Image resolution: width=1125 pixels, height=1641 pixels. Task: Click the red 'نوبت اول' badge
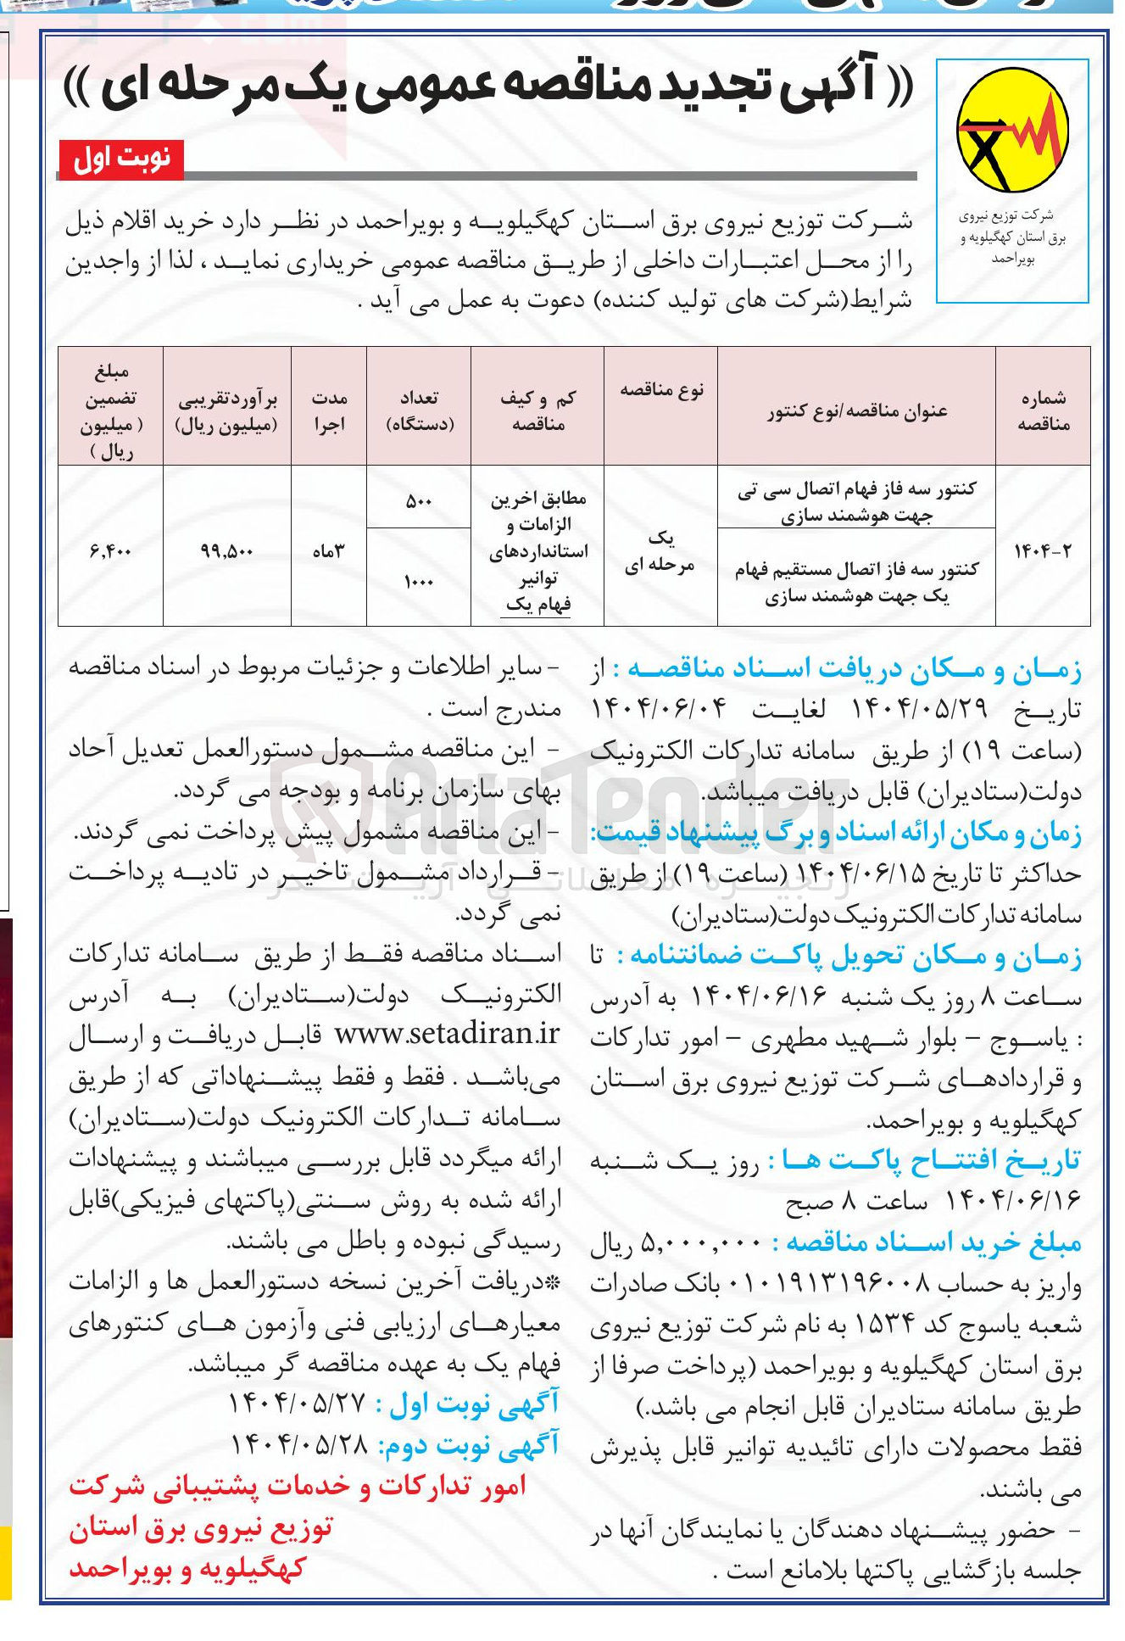121,159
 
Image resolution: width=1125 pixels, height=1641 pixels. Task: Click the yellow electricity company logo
1011,131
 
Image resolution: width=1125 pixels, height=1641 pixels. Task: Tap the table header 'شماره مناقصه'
1042,410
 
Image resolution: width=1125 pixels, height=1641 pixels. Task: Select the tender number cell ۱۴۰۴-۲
1042,550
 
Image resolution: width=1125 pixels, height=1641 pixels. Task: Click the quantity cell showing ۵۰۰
419,500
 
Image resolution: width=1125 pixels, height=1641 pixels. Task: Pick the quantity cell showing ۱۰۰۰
419,581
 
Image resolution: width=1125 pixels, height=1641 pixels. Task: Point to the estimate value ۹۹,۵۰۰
226,550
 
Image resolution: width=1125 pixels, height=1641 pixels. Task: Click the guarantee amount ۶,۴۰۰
110,550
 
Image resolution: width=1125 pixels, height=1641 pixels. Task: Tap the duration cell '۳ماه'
329,550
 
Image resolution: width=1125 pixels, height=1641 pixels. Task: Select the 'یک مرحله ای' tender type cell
660,550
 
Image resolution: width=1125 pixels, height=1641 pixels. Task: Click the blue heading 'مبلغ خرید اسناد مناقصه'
933,1242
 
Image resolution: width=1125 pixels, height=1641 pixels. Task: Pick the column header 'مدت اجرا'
329,410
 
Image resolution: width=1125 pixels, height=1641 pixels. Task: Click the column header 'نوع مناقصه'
661,390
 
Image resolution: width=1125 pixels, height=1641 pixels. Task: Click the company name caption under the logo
1012,237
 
